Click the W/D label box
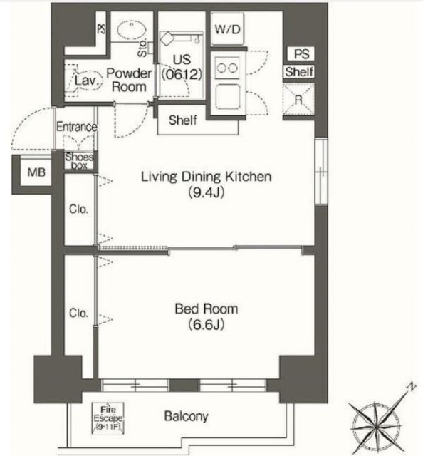point(226,30)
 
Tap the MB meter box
point(34,172)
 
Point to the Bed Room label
point(207,309)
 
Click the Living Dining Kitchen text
point(207,177)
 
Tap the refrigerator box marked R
point(298,99)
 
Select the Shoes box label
point(79,160)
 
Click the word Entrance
point(77,127)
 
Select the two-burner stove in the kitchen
point(229,68)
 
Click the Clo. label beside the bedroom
point(78,312)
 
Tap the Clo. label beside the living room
point(78,209)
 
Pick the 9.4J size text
point(207,192)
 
